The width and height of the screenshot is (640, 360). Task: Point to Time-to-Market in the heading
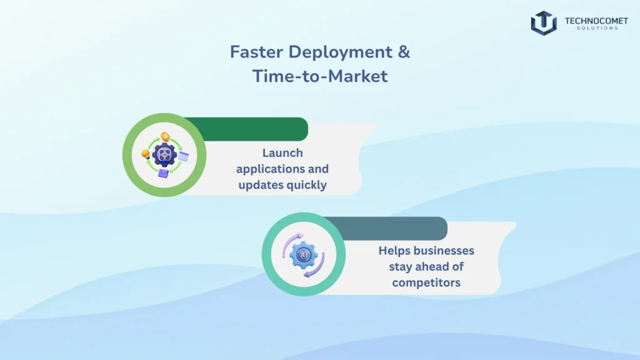(320, 76)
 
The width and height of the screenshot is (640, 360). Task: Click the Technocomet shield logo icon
(544, 22)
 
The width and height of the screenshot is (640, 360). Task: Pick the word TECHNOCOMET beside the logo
(596, 21)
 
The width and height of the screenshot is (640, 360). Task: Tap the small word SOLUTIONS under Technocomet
(596, 28)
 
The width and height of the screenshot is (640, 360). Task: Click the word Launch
(282, 153)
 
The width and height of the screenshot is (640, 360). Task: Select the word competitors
(426, 282)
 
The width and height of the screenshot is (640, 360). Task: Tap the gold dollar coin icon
(165, 136)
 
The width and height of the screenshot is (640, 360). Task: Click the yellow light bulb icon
(146, 154)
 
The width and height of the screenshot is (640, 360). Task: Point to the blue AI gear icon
(304, 256)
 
